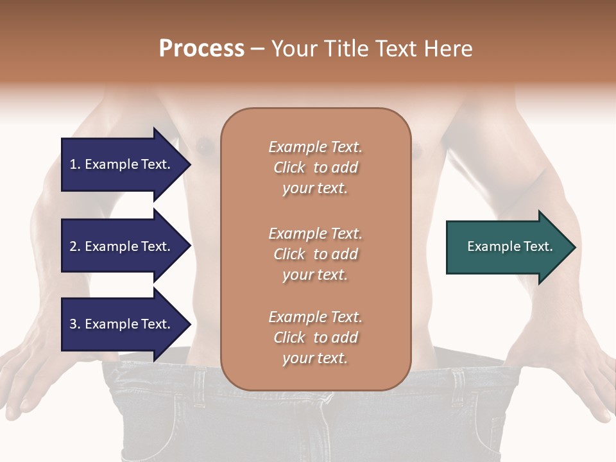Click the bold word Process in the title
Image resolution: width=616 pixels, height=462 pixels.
tap(201, 49)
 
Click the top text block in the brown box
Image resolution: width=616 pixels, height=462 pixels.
tap(315, 167)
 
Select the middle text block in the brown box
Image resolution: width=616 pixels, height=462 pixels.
tap(315, 254)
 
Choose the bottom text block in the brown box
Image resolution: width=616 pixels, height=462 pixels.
tap(315, 338)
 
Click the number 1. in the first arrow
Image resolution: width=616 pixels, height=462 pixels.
tap(75, 164)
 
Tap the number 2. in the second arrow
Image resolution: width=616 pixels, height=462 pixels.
tap(75, 246)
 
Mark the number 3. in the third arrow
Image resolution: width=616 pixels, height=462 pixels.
tap(75, 324)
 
